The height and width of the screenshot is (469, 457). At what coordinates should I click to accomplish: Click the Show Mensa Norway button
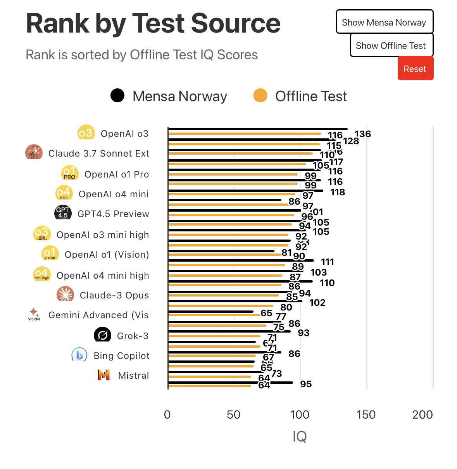(x=384, y=22)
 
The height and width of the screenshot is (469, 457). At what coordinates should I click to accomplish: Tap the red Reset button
(x=415, y=69)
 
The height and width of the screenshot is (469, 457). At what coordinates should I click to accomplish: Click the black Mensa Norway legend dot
(x=117, y=95)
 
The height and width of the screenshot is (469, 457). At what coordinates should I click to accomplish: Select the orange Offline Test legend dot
(x=260, y=95)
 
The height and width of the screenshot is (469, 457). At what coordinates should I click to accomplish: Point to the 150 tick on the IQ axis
(x=366, y=415)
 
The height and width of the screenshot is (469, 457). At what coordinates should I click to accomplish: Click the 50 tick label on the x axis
(x=233, y=415)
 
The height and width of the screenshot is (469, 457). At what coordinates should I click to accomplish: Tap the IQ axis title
(x=300, y=436)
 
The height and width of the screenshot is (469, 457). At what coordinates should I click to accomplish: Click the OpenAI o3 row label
(x=124, y=134)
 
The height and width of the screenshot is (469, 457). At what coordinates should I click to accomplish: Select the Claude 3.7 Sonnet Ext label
(x=98, y=153)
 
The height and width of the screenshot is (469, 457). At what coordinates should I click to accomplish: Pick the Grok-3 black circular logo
(x=102, y=335)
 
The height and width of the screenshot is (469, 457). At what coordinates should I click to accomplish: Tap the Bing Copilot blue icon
(x=79, y=355)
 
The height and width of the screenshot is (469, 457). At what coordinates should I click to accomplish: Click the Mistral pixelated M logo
(x=103, y=375)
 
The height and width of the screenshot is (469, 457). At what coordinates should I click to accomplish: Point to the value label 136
(x=362, y=134)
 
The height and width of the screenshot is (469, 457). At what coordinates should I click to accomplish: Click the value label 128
(x=351, y=141)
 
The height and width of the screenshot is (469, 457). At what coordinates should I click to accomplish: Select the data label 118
(x=337, y=192)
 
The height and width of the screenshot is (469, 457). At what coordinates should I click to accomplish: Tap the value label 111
(x=328, y=262)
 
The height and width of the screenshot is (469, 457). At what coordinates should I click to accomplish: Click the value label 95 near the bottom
(x=306, y=384)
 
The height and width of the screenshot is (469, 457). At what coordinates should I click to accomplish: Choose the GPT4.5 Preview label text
(x=113, y=214)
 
